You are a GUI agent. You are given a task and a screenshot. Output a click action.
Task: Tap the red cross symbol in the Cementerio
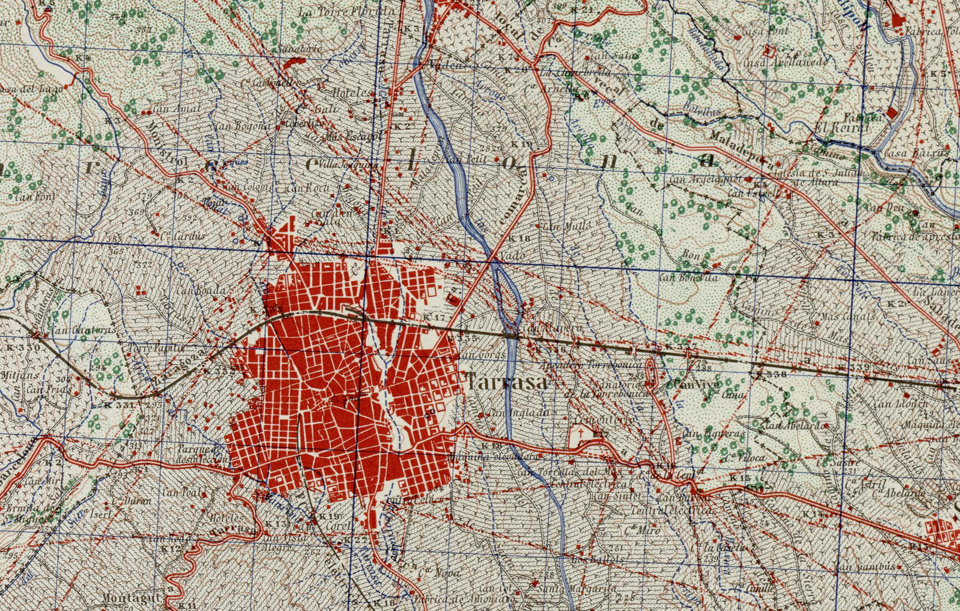[581, 432]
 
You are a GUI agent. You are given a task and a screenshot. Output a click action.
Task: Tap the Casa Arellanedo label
[786, 63]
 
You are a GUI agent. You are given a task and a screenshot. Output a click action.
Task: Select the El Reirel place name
[842, 128]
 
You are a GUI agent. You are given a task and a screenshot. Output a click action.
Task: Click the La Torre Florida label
[347, 11]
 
